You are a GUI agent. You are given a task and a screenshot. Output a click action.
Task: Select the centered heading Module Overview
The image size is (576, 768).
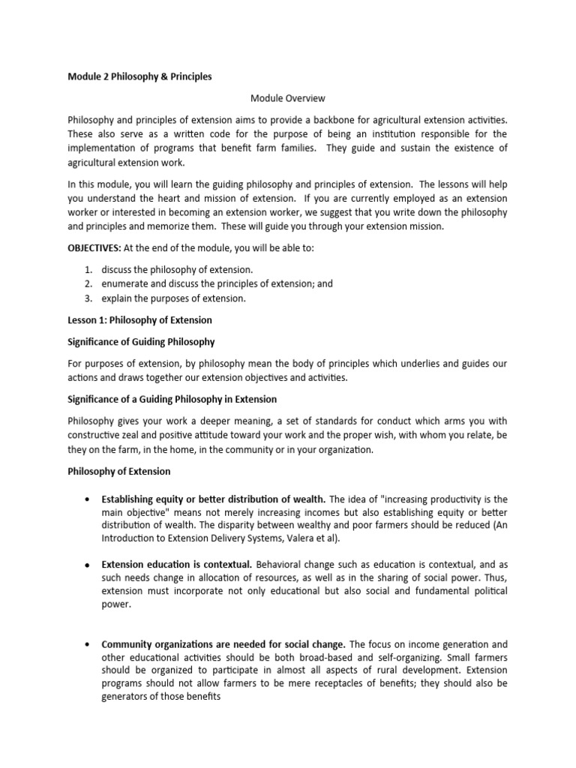(x=287, y=97)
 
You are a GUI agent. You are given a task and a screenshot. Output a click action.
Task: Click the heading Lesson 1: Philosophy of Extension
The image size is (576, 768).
(x=139, y=319)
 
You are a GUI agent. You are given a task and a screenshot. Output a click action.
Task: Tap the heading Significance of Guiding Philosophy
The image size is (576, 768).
(x=141, y=342)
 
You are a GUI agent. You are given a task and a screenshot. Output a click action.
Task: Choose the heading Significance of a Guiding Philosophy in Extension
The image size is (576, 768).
(x=172, y=398)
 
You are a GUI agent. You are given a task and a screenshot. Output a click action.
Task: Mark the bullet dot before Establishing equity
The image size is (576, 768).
(x=88, y=499)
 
